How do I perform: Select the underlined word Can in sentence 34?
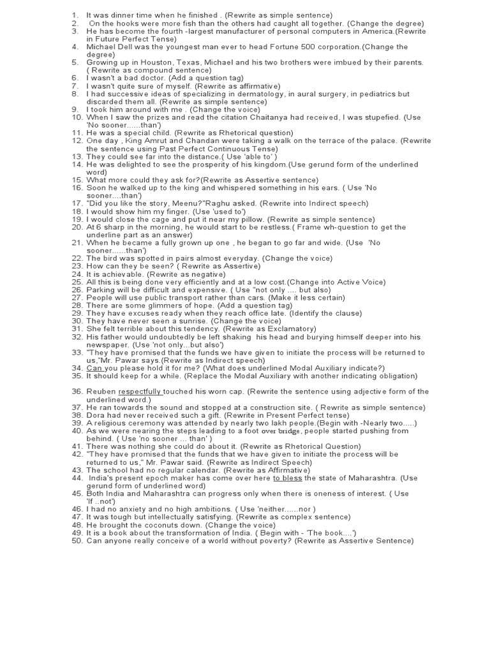point(94,368)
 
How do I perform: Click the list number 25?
point(77,282)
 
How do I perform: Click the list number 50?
point(77,541)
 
